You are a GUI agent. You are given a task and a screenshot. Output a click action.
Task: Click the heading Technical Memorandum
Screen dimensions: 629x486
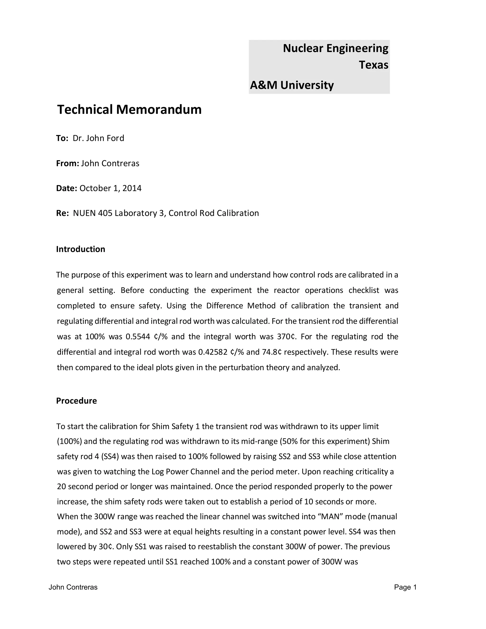(x=129, y=110)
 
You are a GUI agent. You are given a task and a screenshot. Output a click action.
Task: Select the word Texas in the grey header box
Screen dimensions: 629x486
(x=374, y=65)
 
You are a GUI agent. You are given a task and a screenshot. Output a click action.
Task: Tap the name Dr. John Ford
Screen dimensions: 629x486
(x=98, y=138)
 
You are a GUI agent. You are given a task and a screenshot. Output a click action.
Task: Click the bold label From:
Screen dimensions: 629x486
(x=67, y=163)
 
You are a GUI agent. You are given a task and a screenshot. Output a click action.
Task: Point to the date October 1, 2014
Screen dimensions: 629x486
(x=110, y=188)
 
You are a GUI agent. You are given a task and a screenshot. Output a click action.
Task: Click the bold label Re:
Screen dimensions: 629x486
(x=62, y=213)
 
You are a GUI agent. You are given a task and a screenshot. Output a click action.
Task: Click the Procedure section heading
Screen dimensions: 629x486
(x=76, y=401)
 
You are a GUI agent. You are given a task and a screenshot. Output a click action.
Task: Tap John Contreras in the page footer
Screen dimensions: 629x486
(x=73, y=587)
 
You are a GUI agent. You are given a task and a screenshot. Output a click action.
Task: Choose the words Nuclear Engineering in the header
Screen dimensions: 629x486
(x=335, y=48)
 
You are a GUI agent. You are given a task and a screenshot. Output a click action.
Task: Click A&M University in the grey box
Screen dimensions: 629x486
(x=292, y=85)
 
